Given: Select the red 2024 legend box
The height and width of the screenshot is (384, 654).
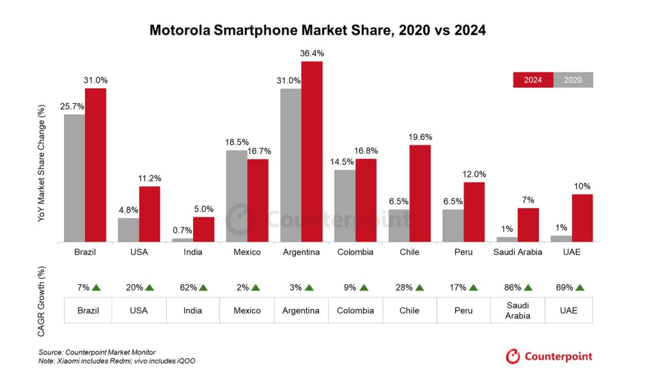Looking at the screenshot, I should (533, 80).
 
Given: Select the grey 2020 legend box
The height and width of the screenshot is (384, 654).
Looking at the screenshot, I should (573, 80).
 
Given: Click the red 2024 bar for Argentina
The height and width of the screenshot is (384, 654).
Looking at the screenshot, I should (312, 151).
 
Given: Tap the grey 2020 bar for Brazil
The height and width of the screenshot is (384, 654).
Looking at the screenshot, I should (74, 178).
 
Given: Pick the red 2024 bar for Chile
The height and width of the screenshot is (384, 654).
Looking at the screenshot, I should (420, 193).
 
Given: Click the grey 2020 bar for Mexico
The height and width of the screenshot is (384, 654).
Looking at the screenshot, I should (237, 196).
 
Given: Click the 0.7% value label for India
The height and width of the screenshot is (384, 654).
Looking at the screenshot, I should (182, 230).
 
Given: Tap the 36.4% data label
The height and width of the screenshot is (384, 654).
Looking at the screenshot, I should (312, 54).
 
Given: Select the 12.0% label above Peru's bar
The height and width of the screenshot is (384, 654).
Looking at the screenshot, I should (474, 174).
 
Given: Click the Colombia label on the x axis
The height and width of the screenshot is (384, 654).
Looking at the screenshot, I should (355, 252).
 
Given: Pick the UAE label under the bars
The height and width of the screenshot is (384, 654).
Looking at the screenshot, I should (572, 252).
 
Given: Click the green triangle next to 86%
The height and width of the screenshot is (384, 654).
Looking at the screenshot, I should (529, 288).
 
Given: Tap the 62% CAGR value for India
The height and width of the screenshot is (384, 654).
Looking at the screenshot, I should (189, 288).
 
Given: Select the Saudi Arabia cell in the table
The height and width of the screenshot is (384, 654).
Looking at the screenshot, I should (517, 310).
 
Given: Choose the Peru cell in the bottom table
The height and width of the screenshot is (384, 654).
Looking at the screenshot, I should (463, 310).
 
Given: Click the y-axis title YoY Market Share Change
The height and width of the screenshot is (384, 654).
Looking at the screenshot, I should (42, 163).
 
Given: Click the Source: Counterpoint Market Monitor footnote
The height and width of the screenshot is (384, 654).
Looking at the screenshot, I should (97, 352).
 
